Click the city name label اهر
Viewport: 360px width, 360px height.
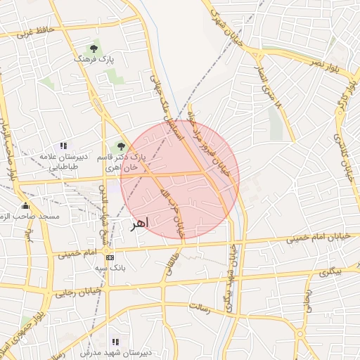(139, 224)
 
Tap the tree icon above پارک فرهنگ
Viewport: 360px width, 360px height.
(94, 49)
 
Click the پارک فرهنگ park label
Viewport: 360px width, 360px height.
(94, 60)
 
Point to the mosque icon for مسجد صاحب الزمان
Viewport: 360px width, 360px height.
(26, 206)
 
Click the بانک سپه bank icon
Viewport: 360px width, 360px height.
(109, 257)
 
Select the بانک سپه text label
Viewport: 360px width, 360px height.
(109, 268)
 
